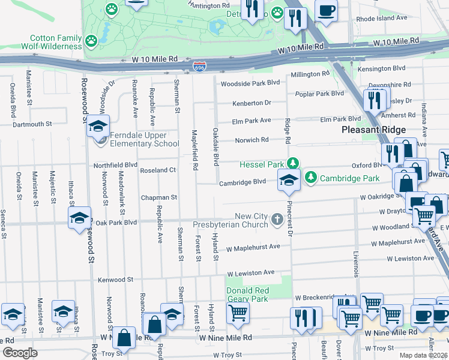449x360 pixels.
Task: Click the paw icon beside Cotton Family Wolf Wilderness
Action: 91,41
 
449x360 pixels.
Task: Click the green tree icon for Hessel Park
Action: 292,163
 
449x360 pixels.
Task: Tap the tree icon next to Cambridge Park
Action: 311,178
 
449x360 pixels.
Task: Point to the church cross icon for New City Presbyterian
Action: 277,220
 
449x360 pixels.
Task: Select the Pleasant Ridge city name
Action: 373,130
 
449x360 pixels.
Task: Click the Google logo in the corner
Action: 20,353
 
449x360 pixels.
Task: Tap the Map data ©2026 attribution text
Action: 423,355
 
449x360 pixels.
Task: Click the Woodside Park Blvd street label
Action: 250,83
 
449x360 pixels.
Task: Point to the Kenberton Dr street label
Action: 252,103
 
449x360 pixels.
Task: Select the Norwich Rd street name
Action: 252,140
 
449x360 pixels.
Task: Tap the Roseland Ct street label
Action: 157,170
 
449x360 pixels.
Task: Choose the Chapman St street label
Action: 159,197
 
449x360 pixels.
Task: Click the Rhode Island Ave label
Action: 382,19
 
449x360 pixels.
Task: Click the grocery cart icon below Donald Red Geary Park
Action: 238,313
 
